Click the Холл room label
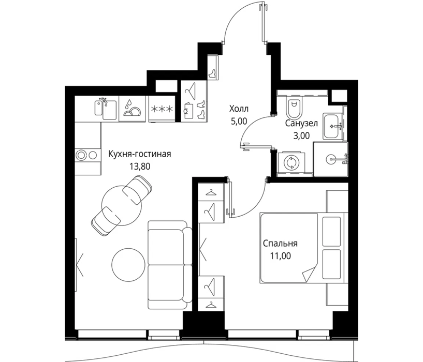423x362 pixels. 239,109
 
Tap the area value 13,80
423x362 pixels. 140,167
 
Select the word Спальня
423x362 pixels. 280,244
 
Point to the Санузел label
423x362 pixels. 301,124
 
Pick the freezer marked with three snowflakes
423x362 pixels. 162,109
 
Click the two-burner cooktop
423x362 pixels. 87,155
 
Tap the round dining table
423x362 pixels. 122,205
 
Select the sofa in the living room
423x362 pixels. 169,265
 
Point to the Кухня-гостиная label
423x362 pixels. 140,154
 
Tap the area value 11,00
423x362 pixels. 281,255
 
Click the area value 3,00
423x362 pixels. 301,135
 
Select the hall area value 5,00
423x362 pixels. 239,122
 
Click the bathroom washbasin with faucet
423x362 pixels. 333,126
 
